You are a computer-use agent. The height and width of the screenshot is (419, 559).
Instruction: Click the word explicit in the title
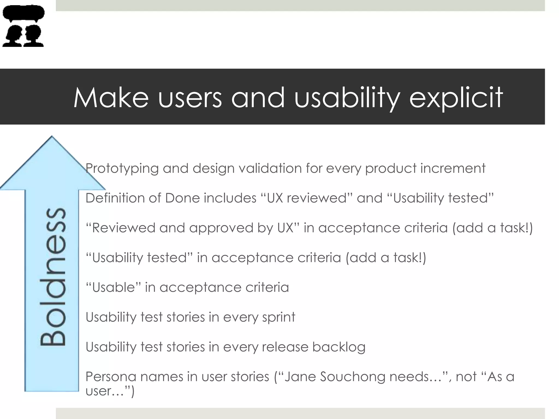(x=456, y=98)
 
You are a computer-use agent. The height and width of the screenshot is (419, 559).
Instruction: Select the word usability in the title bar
(x=347, y=98)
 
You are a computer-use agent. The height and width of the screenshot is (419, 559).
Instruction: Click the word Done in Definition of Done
(x=183, y=198)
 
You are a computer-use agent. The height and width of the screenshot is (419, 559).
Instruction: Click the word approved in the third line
(x=221, y=228)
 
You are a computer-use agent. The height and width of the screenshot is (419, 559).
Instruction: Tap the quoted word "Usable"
(x=113, y=287)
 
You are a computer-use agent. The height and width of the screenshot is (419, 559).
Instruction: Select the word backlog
(x=339, y=347)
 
